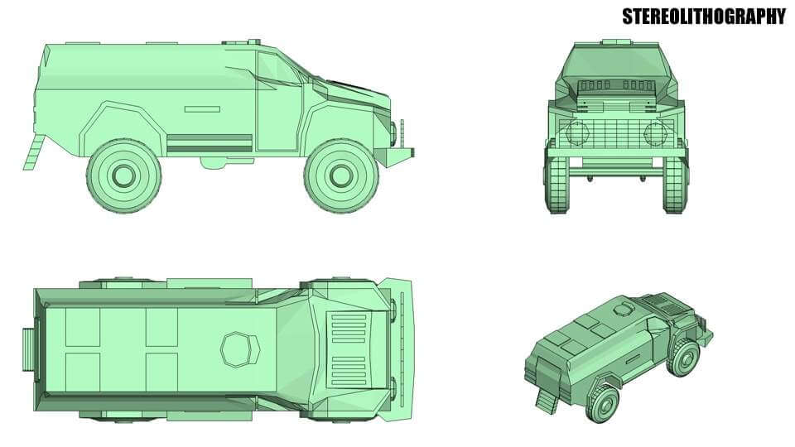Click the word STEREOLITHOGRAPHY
pos(703,16)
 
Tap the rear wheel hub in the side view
pos(123,175)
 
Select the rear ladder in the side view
pos(33,152)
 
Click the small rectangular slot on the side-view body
pos(202,109)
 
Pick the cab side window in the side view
pos(276,69)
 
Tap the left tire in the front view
pos(556,185)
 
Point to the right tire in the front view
pos(675,185)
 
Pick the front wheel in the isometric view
pos(683,358)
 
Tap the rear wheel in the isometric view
pos(603,404)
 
